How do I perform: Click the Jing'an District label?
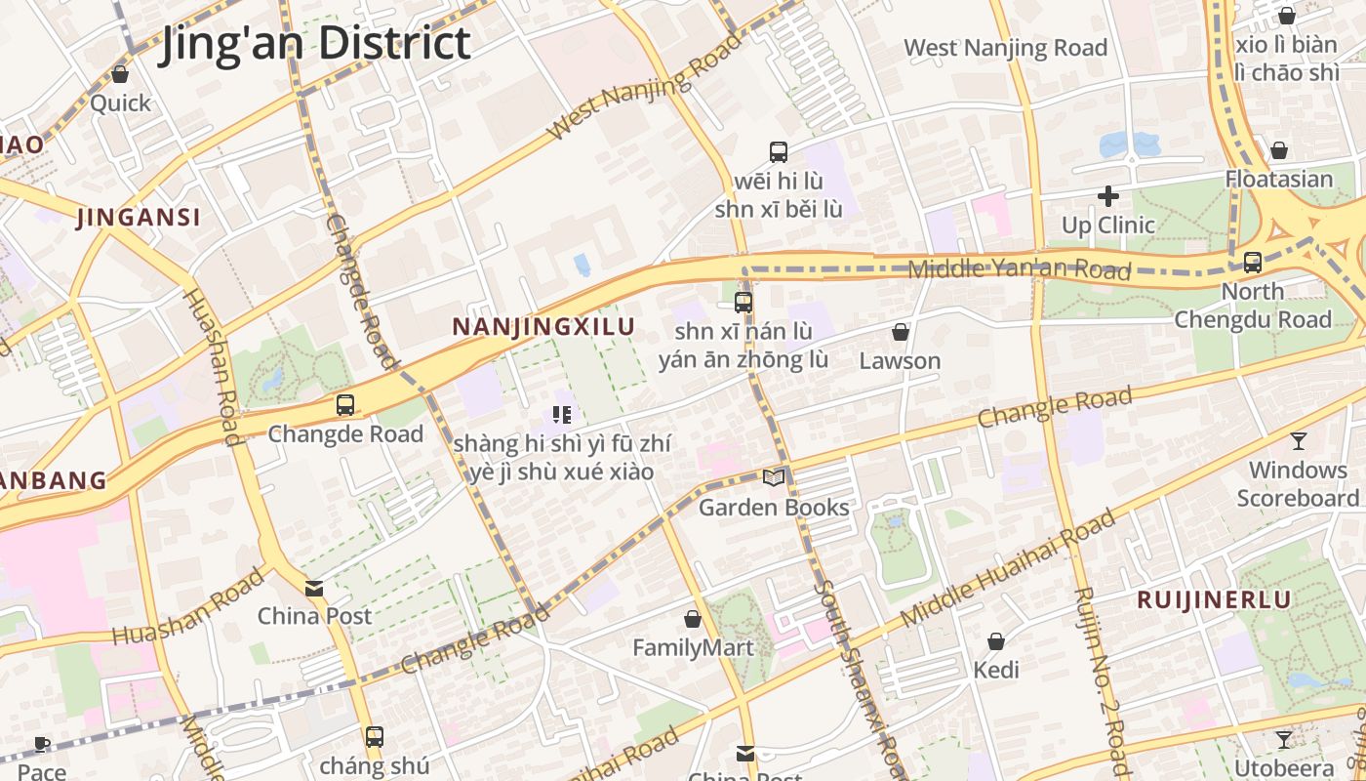click(314, 44)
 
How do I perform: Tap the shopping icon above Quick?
click(120, 74)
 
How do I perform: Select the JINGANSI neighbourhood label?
click(139, 218)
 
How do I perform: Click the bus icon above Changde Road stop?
click(344, 405)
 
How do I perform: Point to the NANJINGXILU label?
click(543, 327)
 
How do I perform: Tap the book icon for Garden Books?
click(774, 478)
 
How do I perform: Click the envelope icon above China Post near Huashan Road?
click(314, 589)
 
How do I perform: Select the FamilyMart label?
click(693, 647)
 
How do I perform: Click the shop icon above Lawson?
click(901, 332)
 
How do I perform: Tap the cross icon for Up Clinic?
click(1107, 196)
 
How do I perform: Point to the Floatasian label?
click(1278, 179)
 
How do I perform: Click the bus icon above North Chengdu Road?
click(1253, 263)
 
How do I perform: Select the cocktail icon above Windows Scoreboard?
click(1298, 441)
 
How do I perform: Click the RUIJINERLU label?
click(1214, 599)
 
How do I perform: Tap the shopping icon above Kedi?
click(996, 641)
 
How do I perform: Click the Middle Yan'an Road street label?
click(1020, 268)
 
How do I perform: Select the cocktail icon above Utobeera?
click(1284, 740)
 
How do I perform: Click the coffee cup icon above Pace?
click(42, 745)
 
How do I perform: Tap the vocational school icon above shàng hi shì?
click(561, 415)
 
